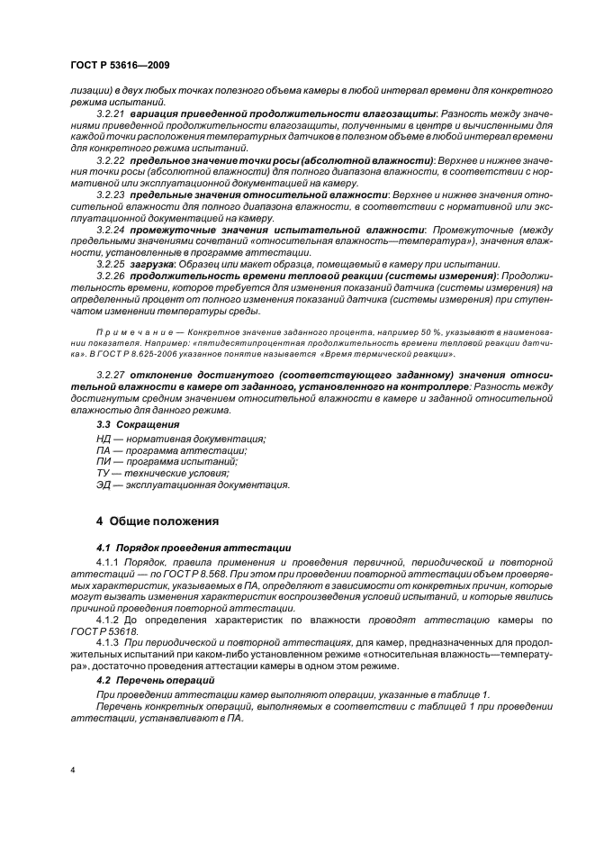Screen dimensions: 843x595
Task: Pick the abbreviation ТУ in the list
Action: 104,473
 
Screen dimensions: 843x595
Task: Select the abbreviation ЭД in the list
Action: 104,485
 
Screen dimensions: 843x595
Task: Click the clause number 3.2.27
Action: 111,372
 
